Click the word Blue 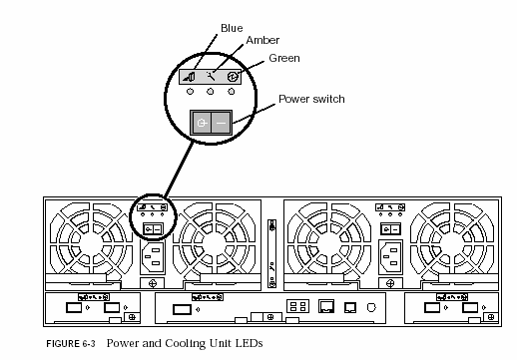pos(232,28)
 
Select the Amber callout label pos(262,40)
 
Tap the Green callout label pos(284,58)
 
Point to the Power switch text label pos(311,99)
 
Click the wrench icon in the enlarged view pos(211,77)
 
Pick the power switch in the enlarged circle pos(211,123)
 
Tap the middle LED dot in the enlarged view pos(211,91)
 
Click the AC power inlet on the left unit pos(153,257)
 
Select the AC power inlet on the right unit pos(391,257)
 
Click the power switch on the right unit pos(390,229)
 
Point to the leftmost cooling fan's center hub pos(91,240)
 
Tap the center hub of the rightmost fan pos(452,240)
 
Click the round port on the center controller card pos(371,307)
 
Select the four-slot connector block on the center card pos(297,306)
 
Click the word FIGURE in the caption pos(63,344)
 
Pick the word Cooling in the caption pos(185,343)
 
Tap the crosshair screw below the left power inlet pos(153,283)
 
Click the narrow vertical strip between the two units pos(272,253)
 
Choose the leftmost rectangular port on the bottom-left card pos(74,307)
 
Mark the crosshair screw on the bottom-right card pos(491,317)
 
